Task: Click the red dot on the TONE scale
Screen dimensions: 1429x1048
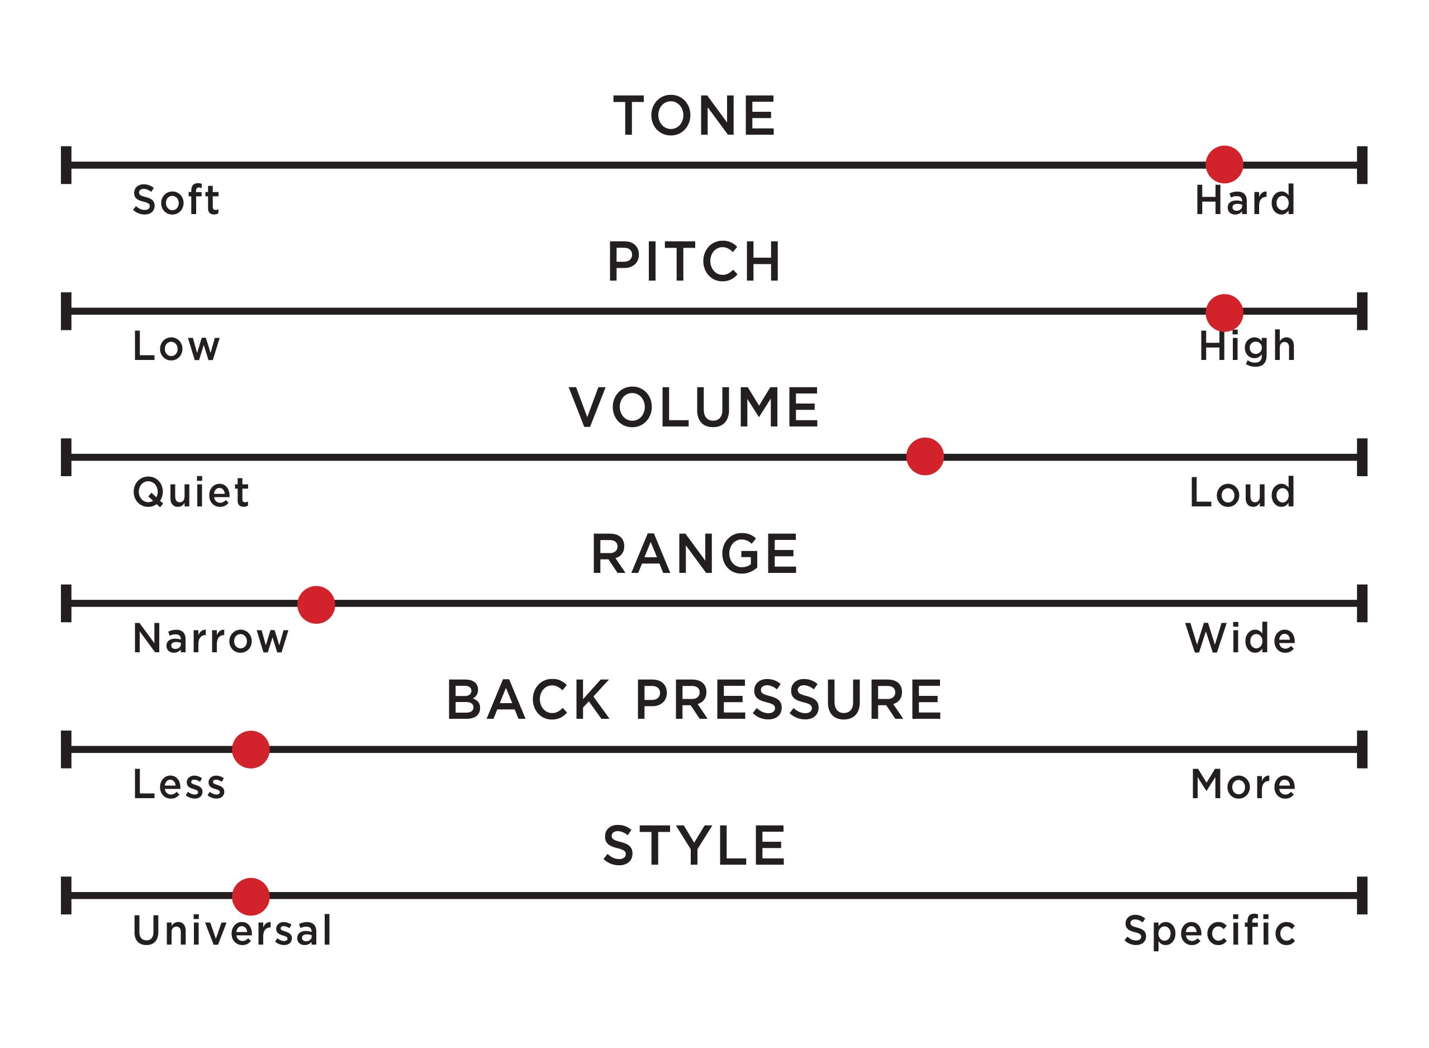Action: click(x=1224, y=164)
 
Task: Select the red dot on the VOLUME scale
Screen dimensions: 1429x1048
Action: click(x=925, y=456)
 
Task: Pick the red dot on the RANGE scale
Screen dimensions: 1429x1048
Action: click(x=316, y=605)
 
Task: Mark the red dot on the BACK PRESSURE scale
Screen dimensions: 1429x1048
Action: click(x=250, y=749)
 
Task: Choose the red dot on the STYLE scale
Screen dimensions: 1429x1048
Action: click(x=250, y=897)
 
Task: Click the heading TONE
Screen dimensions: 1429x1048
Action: click(x=694, y=116)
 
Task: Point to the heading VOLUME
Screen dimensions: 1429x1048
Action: click(x=694, y=407)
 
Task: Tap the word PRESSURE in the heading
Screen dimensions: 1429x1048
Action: click(x=789, y=700)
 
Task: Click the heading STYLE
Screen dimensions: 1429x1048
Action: click(x=695, y=846)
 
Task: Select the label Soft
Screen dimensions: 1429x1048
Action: click(x=175, y=200)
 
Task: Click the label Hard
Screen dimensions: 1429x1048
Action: click(x=1245, y=200)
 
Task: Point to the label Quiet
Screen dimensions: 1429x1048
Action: click(x=190, y=492)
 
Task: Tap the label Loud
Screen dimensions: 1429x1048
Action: click(x=1241, y=492)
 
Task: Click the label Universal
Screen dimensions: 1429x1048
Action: click(x=232, y=930)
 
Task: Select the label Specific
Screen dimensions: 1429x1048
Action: click(x=1209, y=931)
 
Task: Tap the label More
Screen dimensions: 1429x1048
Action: click(x=1242, y=784)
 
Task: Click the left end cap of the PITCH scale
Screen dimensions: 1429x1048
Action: click(x=66, y=311)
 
